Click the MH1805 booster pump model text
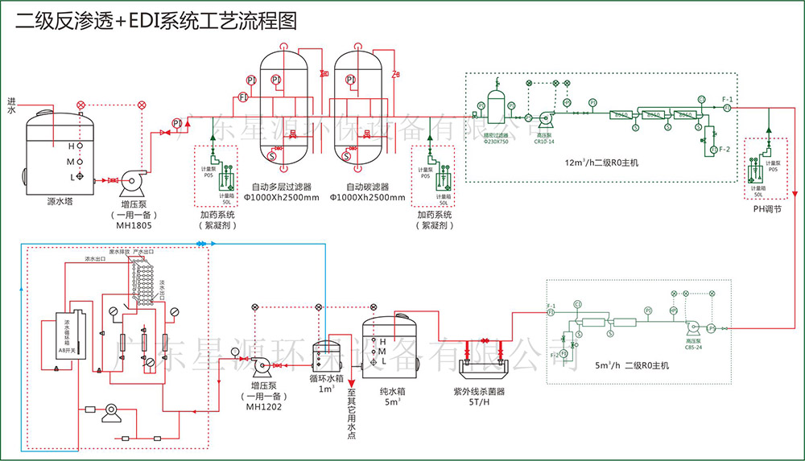tap(132, 225)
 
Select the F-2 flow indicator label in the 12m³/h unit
tap(724, 150)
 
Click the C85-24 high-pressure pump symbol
tap(691, 328)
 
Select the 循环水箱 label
tap(326, 377)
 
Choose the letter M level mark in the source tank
tap(71, 161)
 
